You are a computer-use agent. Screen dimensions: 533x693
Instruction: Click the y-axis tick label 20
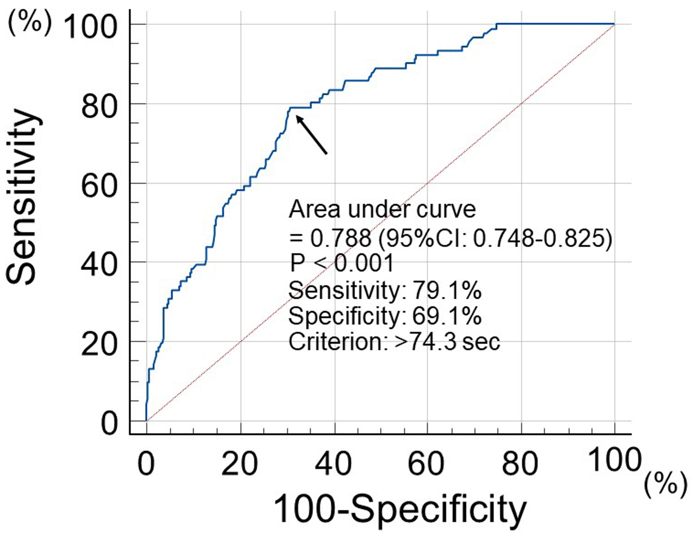99,345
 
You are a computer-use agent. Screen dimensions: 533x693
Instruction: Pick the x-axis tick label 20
240,464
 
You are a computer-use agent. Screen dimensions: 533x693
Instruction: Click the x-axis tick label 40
334,464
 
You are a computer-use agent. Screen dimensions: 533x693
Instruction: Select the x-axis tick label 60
426,464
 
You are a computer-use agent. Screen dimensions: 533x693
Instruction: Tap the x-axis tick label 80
520,464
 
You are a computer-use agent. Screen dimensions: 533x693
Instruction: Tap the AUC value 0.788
341,238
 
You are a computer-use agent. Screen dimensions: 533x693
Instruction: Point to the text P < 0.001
341,263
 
